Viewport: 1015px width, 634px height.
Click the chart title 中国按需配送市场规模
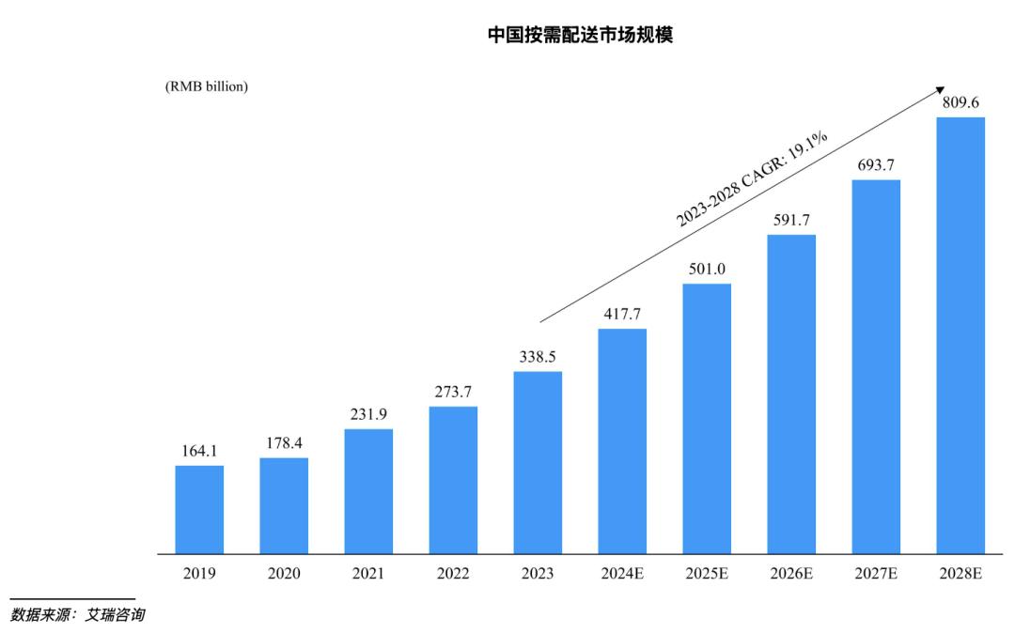click(x=580, y=37)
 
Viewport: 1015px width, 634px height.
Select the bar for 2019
click(x=199, y=510)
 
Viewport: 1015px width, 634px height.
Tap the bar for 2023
click(x=538, y=463)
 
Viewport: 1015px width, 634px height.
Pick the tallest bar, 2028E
click(x=960, y=335)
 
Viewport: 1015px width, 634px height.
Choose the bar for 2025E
click(x=707, y=419)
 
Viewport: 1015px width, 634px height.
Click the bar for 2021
click(x=368, y=491)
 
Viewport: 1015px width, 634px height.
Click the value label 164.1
click(x=199, y=452)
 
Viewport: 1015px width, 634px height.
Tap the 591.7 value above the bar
click(x=791, y=221)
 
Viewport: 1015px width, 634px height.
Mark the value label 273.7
click(x=453, y=393)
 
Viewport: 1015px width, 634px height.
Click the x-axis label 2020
click(x=284, y=574)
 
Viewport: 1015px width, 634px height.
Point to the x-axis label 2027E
click(x=876, y=574)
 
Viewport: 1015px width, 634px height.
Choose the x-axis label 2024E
click(x=622, y=574)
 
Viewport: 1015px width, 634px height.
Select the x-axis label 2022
click(x=453, y=574)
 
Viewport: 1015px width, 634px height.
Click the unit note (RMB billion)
click(x=207, y=86)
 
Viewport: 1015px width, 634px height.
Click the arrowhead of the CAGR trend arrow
click(x=940, y=88)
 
